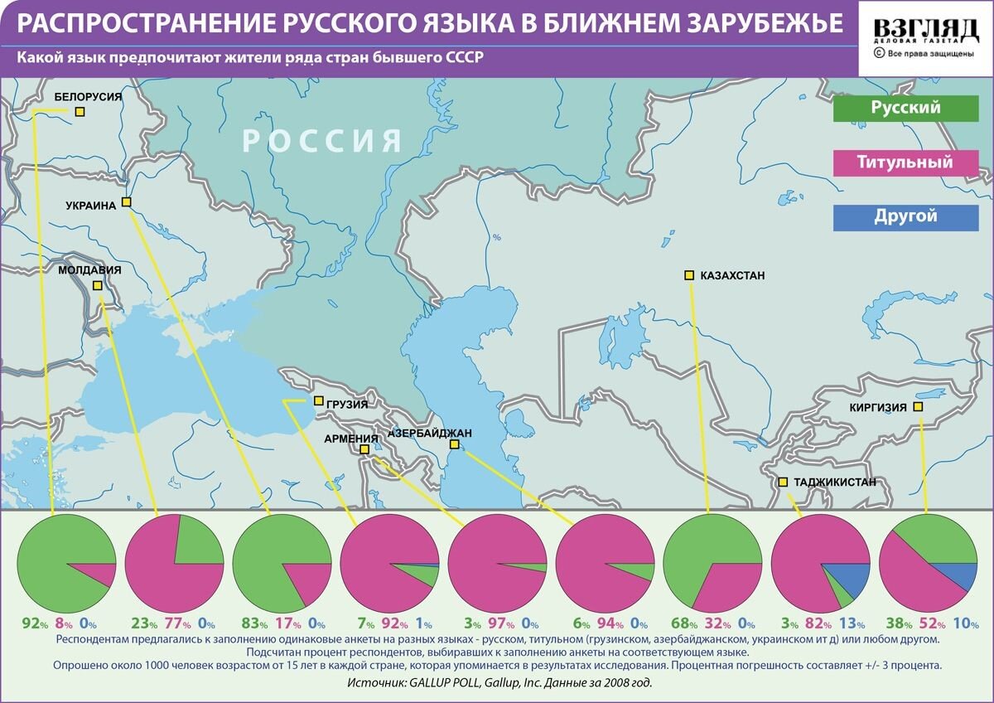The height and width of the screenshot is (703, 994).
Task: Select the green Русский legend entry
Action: pyautogui.click(x=905, y=108)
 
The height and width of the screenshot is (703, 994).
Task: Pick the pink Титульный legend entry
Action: pyautogui.click(x=905, y=162)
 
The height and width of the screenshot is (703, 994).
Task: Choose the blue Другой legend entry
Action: pyautogui.click(x=905, y=216)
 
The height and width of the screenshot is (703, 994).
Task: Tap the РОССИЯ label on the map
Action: pyautogui.click(x=323, y=142)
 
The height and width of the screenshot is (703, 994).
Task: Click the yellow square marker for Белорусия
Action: pyautogui.click(x=80, y=111)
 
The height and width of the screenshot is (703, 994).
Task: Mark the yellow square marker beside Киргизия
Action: pyautogui.click(x=918, y=407)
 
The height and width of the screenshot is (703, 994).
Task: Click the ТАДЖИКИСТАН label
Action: pyautogui.click(x=834, y=482)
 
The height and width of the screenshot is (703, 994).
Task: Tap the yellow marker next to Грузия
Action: pyautogui.click(x=319, y=401)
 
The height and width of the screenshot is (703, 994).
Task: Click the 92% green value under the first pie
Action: pyautogui.click(x=31, y=624)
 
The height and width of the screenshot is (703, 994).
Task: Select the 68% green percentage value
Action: pyautogui.click(x=679, y=624)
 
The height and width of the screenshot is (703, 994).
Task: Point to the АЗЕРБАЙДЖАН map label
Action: pyautogui.click(x=431, y=433)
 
